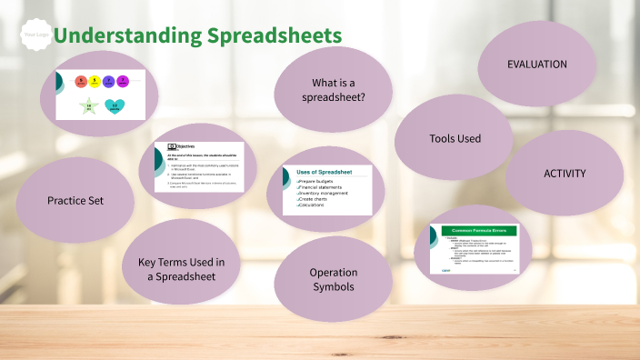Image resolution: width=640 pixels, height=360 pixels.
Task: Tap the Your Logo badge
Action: (x=35, y=35)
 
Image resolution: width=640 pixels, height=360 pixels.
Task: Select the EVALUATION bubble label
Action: (x=536, y=65)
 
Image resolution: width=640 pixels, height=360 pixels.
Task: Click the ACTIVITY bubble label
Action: (x=565, y=173)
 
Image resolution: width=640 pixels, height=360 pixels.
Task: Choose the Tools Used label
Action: (x=455, y=138)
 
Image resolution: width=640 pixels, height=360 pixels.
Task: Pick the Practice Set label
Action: (x=75, y=200)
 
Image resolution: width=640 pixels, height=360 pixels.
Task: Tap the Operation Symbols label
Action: (x=334, y=279)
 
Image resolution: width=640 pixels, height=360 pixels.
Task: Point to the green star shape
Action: (x=88, y=107)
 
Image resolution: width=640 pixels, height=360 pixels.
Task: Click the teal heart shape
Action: (x=115, y=107)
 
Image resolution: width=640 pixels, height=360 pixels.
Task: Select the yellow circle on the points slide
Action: (x=94, y=82)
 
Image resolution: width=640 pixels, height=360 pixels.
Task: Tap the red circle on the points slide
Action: (x=80, y=82)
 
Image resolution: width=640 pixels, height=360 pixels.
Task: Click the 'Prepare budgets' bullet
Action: (x=318, y=182)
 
